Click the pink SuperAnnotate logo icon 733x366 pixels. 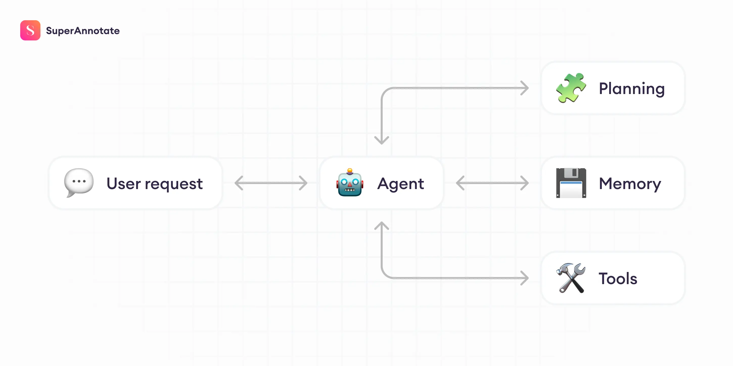point(30,30)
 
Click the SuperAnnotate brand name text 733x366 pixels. point(82,31)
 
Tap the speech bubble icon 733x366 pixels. point(79,182)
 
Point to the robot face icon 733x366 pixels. point(350,184)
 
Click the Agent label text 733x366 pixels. point(400,184)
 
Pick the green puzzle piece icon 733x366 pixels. point(571,88)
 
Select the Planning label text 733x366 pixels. point(631,88)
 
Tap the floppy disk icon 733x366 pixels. point(571,183)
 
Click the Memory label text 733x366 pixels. point(630,184)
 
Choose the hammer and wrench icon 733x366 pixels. point(571,278)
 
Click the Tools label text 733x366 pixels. point(618,278)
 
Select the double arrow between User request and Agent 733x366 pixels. point(271,183)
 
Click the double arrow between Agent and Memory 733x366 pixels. point(492,183)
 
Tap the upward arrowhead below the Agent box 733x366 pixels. point(382,225)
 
